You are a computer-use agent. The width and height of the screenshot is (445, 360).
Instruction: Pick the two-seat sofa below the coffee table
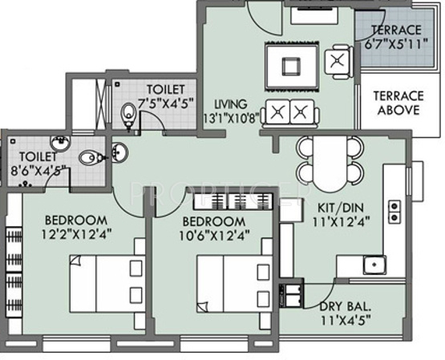pyautogui.click(x=288, y=111)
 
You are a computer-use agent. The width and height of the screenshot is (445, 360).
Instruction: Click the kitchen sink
pyautogui.click(x=373, y=265)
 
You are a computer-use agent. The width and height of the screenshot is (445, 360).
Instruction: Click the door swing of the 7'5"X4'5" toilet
pyautogui.click(x=150, y=120)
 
